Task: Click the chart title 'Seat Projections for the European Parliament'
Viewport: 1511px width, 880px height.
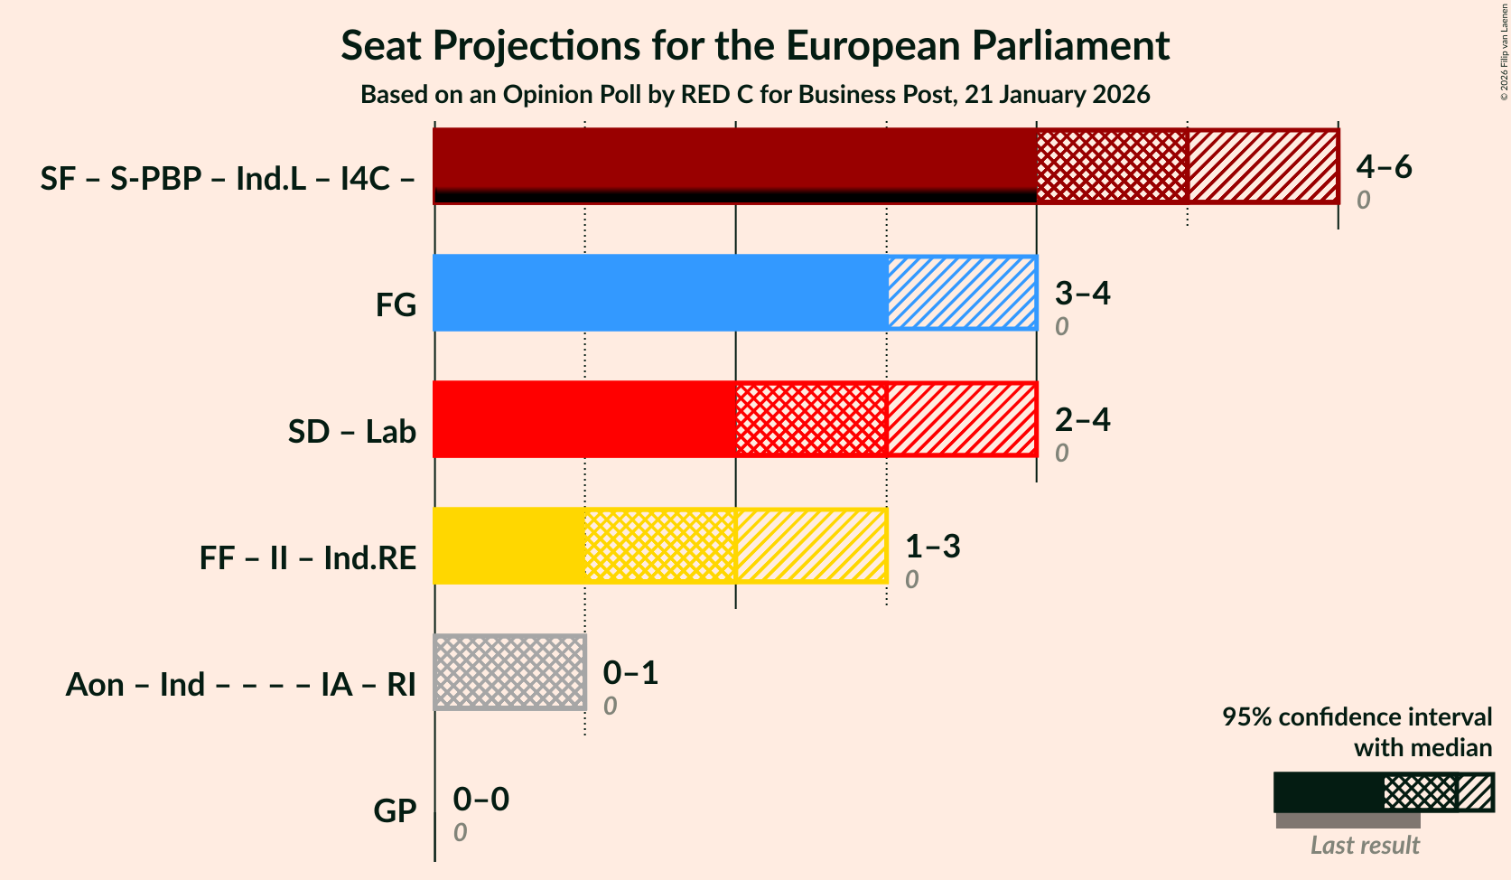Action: (x=755, y=46)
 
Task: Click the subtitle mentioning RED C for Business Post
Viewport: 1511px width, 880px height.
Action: (x=755, y=95)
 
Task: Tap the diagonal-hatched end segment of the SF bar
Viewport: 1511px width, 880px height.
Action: (x=1263, y=166)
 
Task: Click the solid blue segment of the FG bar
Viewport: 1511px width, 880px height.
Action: (x=660, y=293)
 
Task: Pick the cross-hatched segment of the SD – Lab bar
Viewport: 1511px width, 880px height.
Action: (x=811, y=419)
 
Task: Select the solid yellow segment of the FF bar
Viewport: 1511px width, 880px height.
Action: (x=509, y=546)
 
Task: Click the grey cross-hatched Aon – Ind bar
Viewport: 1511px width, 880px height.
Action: (x=509, y=672)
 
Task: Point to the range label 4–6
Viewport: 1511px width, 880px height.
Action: (x=1384, y=166)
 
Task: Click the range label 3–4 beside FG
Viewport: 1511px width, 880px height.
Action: (x=1082, y=293)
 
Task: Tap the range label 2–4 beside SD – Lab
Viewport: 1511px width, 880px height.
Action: (x=1082, y=419)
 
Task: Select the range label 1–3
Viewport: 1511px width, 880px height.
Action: (x=932, y=546)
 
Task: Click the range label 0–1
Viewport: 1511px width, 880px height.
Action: (x=630, y=672)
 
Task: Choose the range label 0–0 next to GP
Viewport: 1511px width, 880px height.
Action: (x=480, y=799)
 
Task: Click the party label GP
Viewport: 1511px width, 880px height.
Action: (x=395, y=810)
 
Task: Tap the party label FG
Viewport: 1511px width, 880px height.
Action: (x=396, y=304)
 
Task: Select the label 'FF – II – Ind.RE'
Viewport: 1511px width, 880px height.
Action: (x=307, y=557)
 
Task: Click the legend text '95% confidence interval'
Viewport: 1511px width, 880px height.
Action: (x=1357, y=716)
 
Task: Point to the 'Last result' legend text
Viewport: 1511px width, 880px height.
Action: (x=1365, y=845)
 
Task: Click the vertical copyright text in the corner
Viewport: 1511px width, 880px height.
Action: (x=1504, y=51)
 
